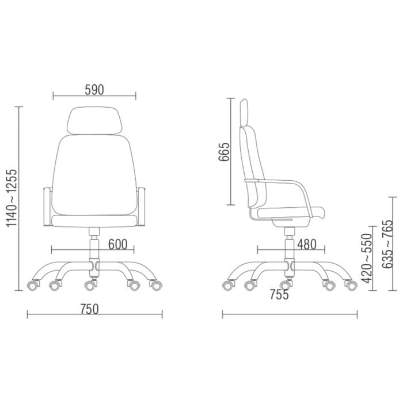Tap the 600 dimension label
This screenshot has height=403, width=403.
[x=117, y=244]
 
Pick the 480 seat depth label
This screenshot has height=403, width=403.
[x=307, y=244]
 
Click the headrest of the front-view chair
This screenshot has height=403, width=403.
[x=94, y=120]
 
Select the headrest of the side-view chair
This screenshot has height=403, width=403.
[x=244, y=112]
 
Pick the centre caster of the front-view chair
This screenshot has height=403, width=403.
[x=89, y=284]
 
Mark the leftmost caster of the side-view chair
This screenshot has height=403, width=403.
[x=229, y=285]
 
